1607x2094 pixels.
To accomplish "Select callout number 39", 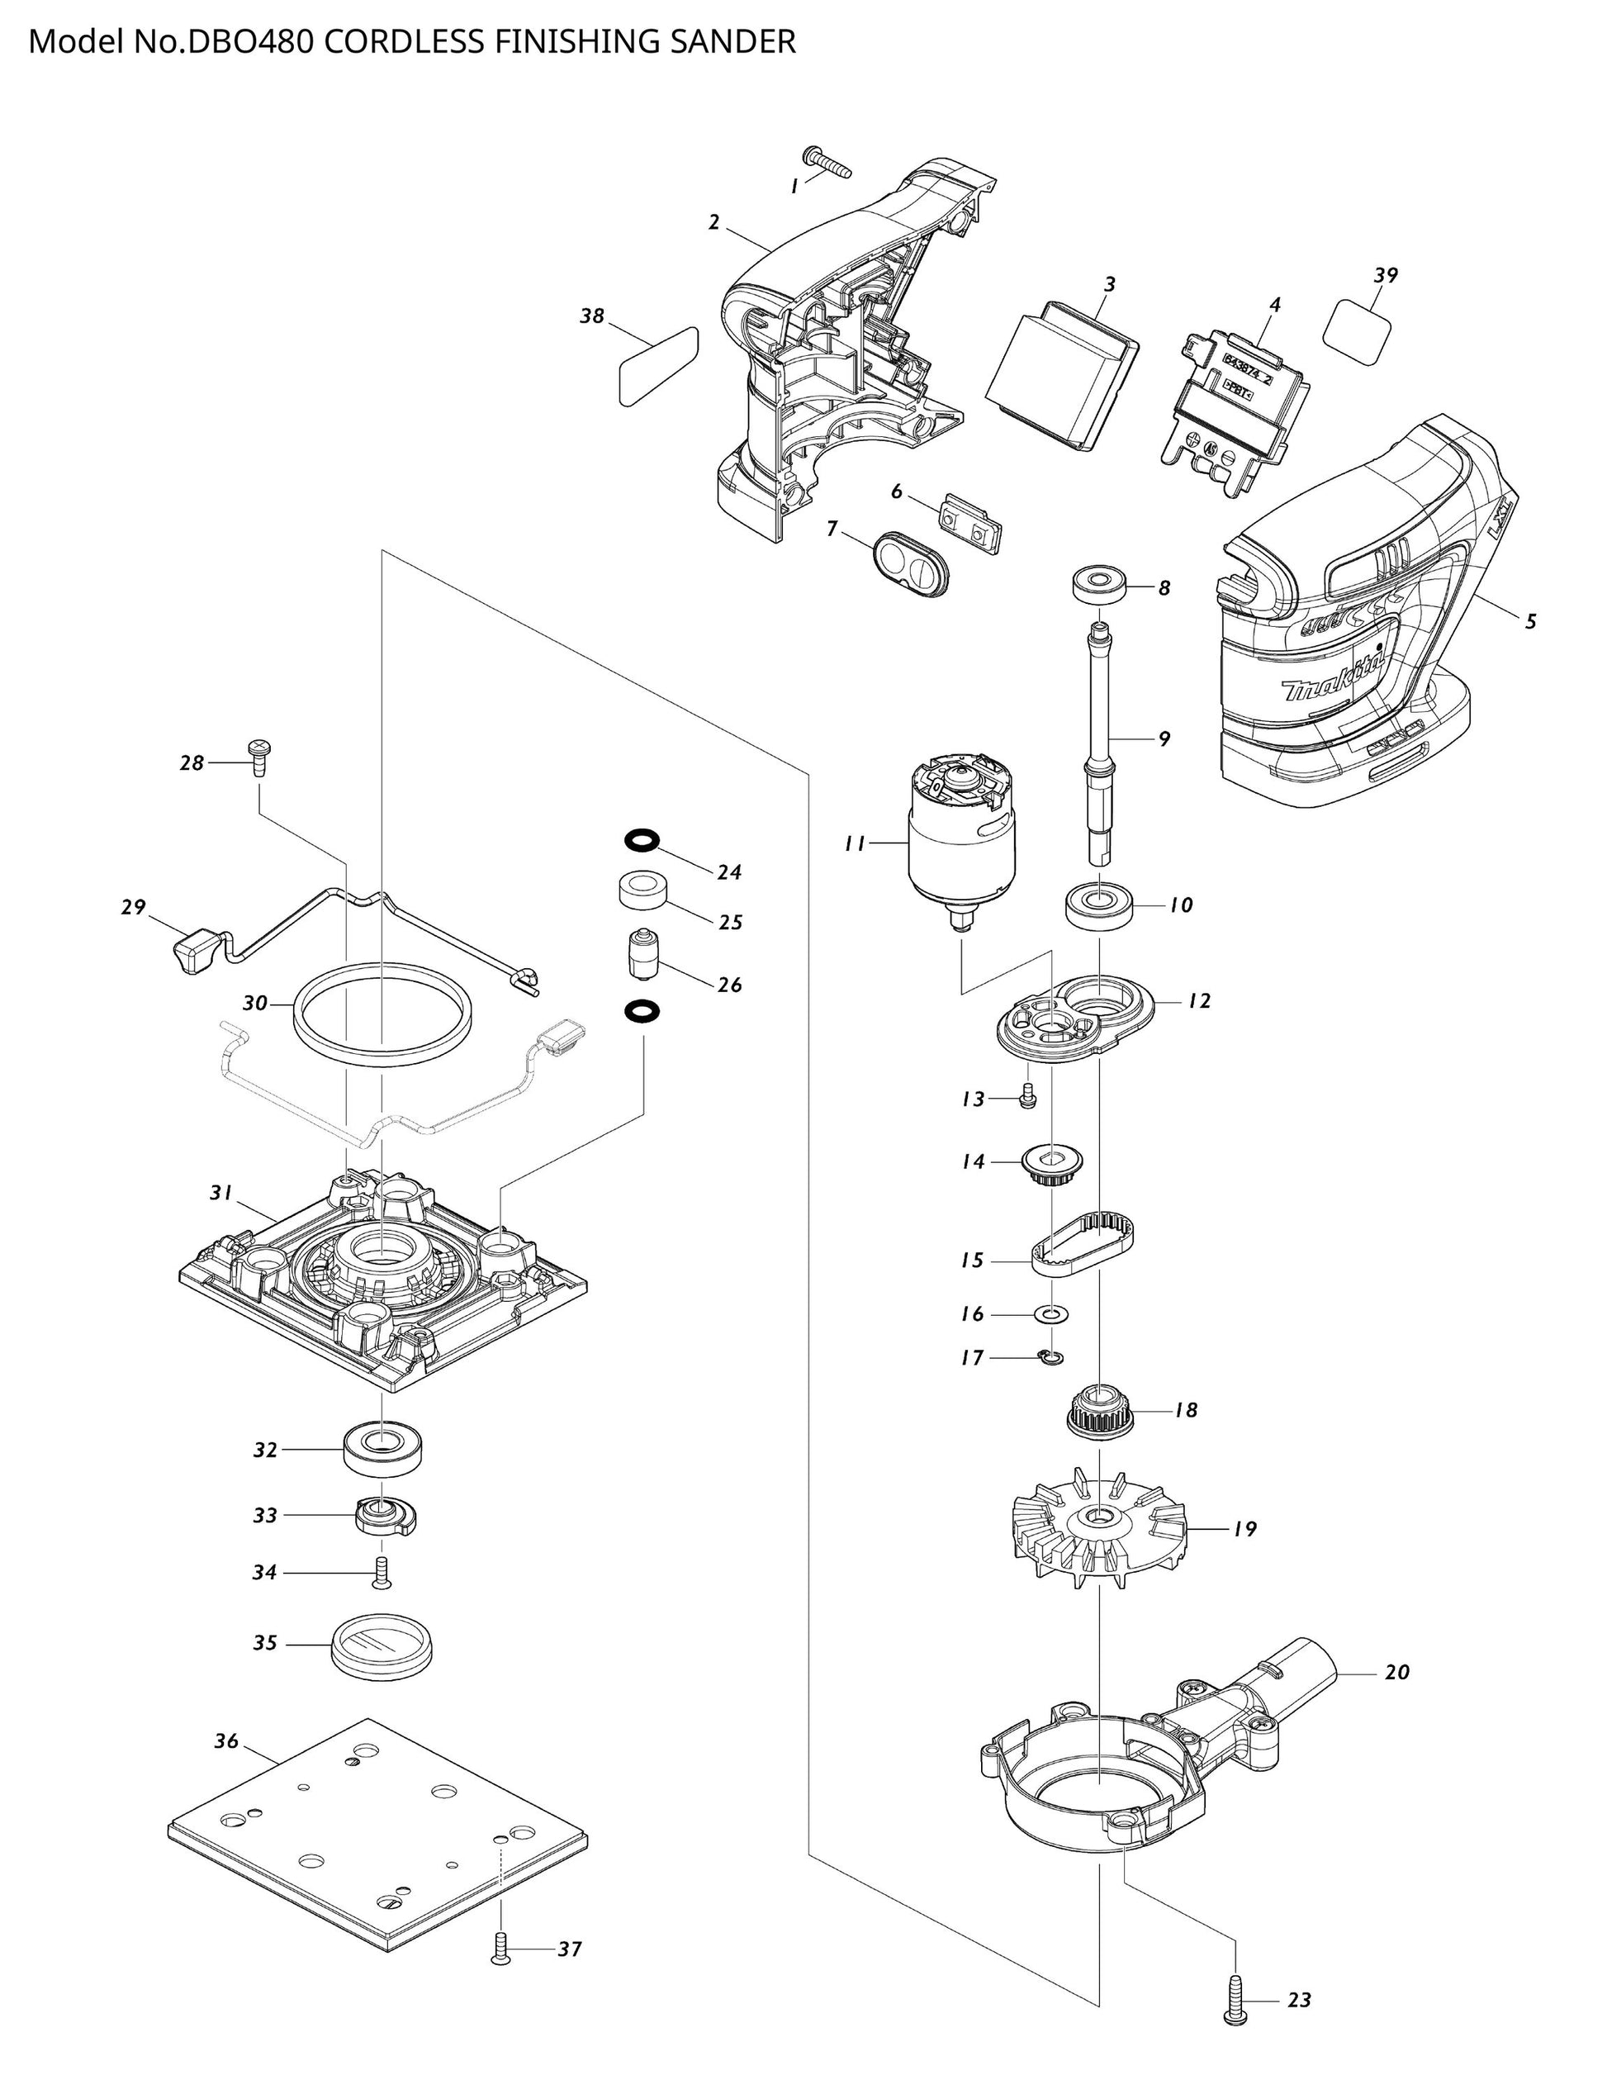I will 1385,276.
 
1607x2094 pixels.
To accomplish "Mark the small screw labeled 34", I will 383,1573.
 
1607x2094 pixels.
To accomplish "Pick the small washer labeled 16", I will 1051,1314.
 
